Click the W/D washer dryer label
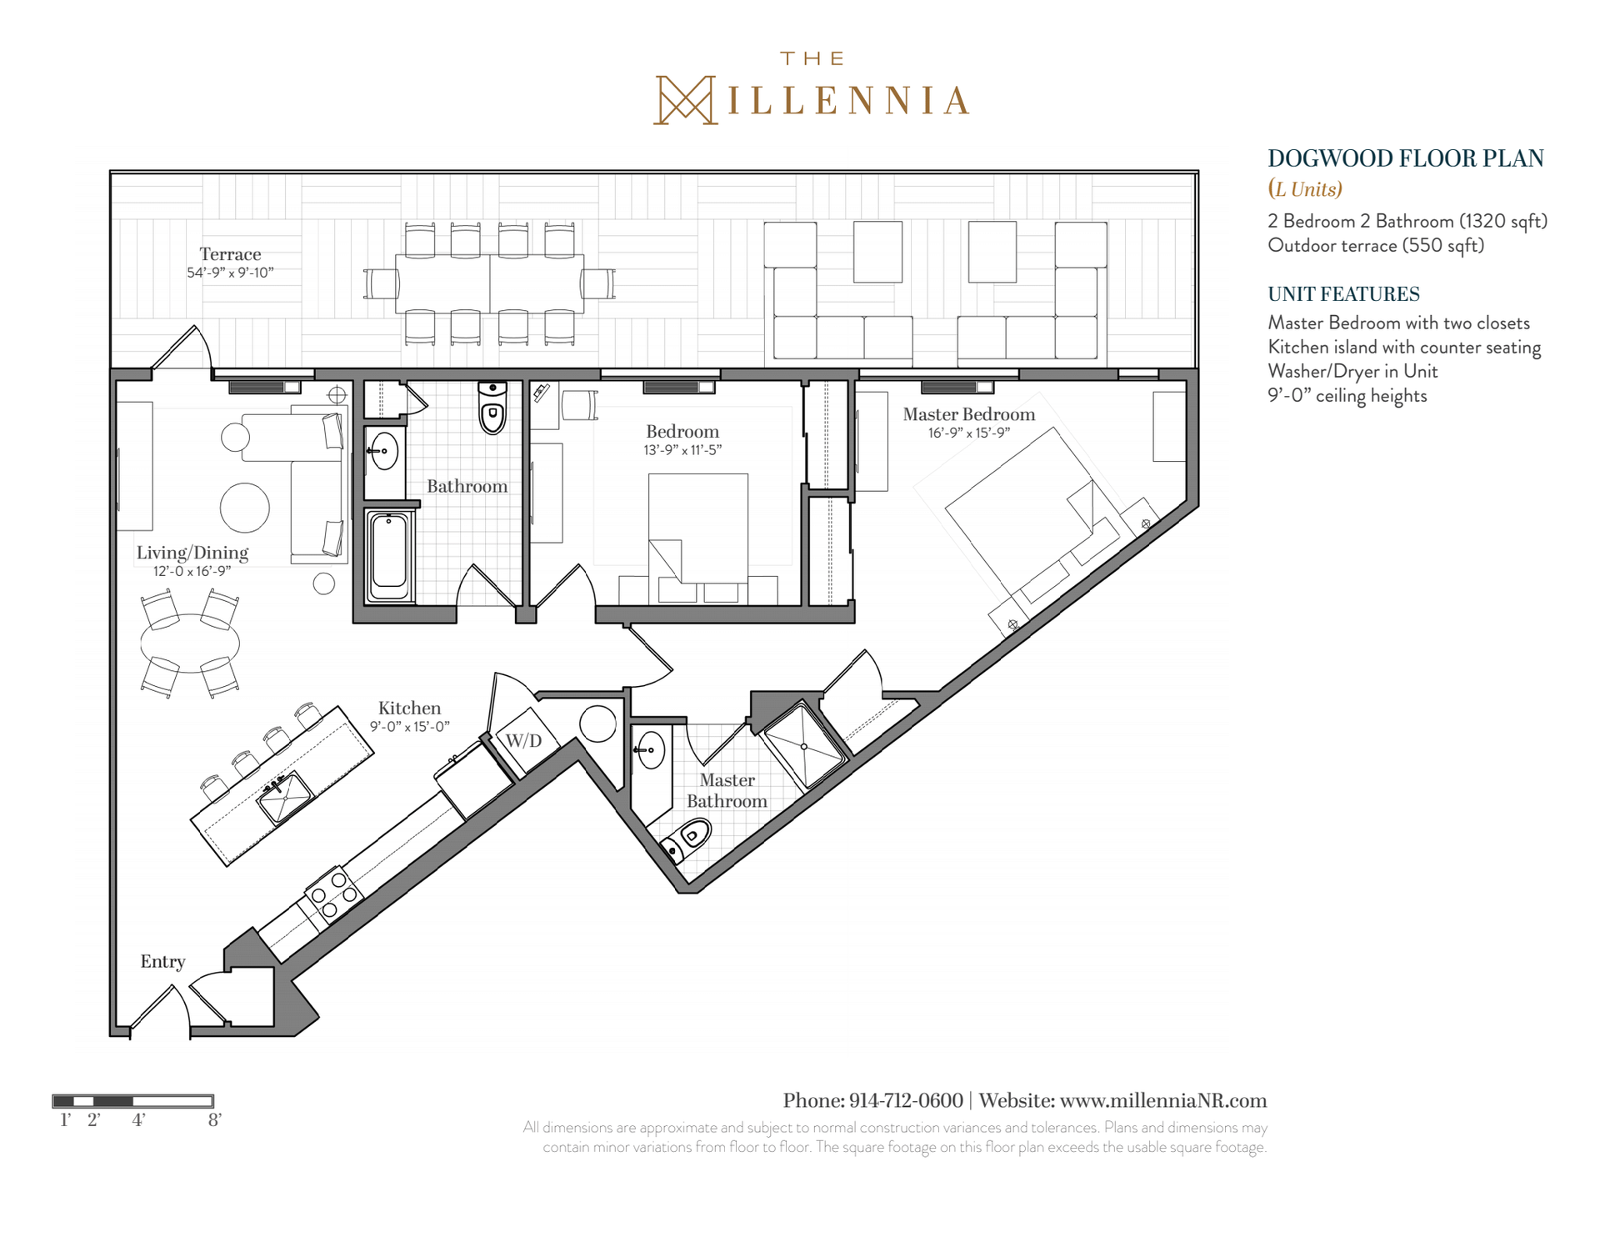[x=524, y=741]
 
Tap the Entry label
[x=162, y=962]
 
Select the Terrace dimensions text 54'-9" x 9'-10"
[x=230, y=273]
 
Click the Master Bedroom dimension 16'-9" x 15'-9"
[x=969, y=433]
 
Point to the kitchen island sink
[x=284, y=798]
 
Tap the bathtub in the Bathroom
[x=389, y=554]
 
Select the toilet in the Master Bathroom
[x=686, y=839]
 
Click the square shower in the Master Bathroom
[x=804, y=746]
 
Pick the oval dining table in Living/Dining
[x=190, y=643]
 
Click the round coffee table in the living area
[x=245, y=508]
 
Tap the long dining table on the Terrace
[x=490, y=283]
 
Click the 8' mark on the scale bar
[x=214, y=1120]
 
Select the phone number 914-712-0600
[x=906, y=1101]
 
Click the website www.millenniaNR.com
[x=1163, y=1101]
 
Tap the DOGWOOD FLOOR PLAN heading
[x=1406, y=158]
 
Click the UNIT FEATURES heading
[x=1343, y=294]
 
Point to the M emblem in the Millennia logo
[x=684, y=100]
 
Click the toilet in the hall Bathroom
[x=492, y=408]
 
